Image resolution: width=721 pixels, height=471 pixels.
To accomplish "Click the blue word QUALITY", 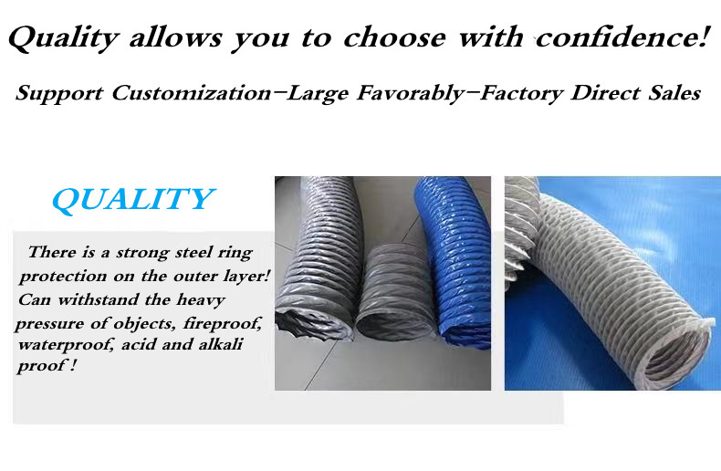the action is click(133, 199).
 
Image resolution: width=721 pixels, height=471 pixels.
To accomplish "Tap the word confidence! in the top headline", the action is click(621, 37).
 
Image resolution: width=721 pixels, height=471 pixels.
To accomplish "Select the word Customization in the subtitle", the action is click(192, 92).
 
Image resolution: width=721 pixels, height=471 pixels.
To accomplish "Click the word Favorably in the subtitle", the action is click(411, 93).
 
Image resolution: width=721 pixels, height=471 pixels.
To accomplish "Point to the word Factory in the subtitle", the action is click(521, 93).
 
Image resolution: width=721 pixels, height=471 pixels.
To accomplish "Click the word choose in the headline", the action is click(394, 37).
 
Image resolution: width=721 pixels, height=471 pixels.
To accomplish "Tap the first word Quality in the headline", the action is click(64, 37).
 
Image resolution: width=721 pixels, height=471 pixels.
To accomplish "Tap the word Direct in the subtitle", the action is click(606, 92).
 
